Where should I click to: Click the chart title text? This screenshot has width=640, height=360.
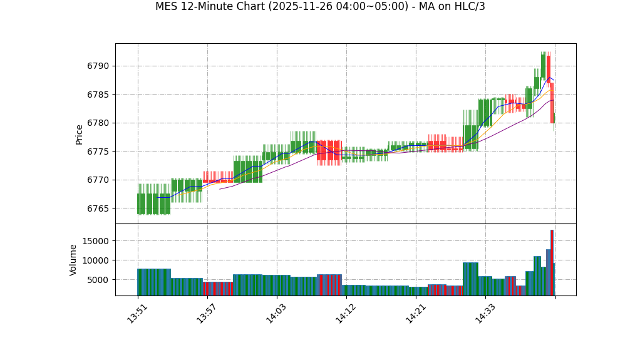[320, 7]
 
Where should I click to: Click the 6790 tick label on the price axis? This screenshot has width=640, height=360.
[98, 66]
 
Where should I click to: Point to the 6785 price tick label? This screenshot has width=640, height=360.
[98, 95]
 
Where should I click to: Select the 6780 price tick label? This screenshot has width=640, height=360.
[98, 123]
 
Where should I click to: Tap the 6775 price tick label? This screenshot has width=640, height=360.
[98, 152]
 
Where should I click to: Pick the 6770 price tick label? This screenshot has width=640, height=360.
[98, 180]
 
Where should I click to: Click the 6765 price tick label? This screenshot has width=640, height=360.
[98, 208]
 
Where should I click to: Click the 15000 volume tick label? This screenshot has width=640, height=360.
[96, 241]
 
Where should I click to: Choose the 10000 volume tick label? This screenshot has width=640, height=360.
[96, 260]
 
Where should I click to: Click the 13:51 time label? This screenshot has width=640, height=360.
[137, 313]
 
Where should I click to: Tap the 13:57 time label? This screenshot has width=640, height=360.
[207, 313]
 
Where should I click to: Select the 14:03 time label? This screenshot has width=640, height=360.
[276, 313]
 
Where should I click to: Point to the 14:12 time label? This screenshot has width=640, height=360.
[346, 313]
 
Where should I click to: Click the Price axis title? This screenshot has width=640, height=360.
[80, 134]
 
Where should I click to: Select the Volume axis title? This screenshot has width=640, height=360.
[73, 260]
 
